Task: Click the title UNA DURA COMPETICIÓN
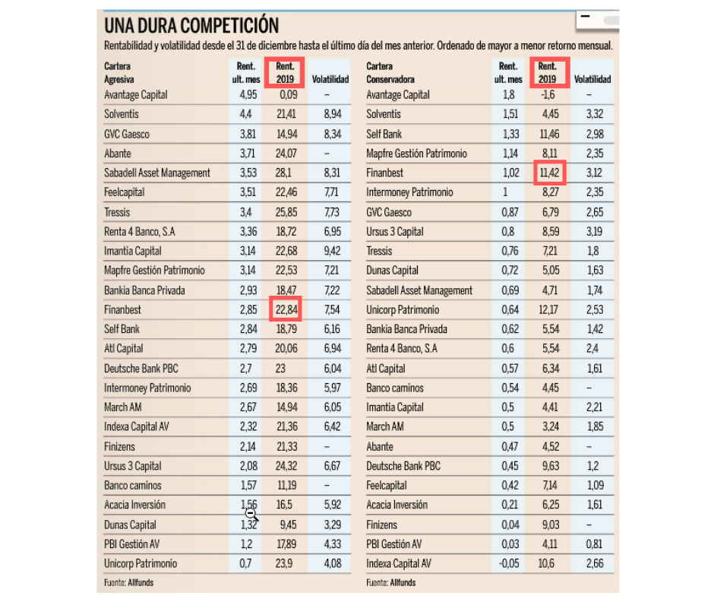tap(191, 26)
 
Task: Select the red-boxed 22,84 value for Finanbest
tap(286, 310)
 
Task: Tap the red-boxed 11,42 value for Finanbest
tap(547, 173)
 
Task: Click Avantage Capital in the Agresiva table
tap(136, 95)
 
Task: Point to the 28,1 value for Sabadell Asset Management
tap(283, 173)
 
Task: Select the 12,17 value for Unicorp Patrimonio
tap(547, 310)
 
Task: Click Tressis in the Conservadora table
tap(379, 251)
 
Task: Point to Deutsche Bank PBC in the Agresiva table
tap(141, 369)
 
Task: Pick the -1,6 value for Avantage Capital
tap(547, 95)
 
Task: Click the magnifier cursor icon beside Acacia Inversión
tap(251, 515)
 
